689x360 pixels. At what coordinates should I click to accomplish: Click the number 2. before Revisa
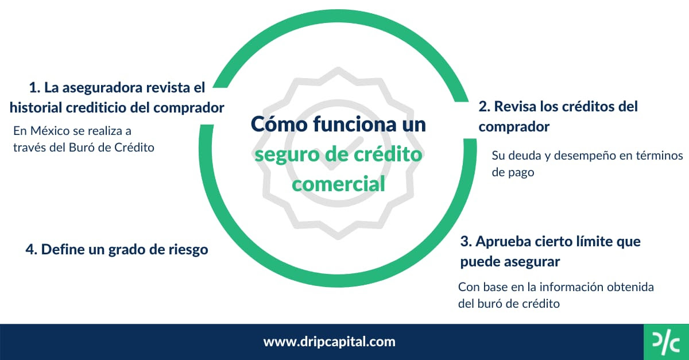click(485, 107)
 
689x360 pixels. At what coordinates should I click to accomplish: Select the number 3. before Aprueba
click(466, 242)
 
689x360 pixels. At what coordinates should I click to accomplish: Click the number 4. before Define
click(32, 250)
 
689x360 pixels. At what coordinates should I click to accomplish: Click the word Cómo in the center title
click(279, 125)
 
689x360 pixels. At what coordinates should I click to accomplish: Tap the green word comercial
click(338, 184)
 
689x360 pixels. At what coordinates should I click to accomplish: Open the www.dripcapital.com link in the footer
click(330, 342)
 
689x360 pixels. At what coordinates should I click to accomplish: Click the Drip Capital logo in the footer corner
click(666, 342)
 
